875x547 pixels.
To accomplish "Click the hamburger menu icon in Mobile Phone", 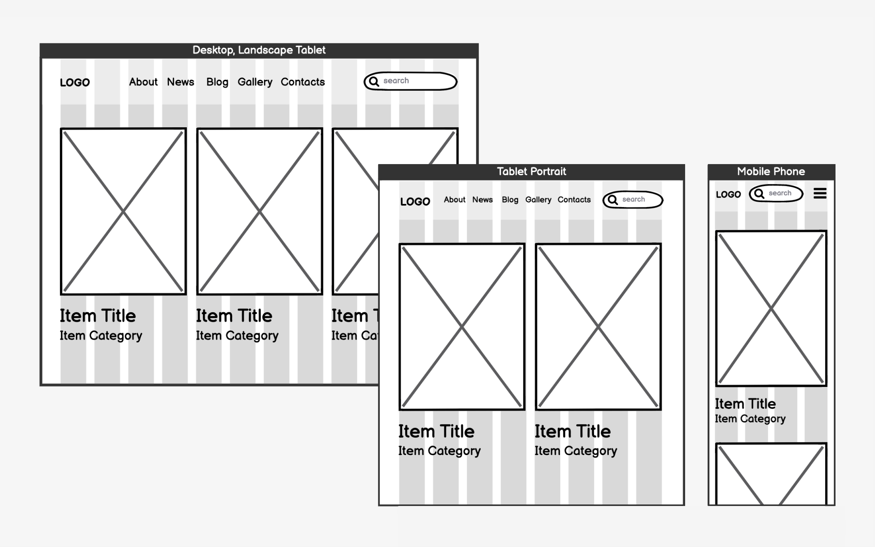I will (x=820, y=193).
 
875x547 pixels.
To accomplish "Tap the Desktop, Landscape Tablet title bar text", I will (x=259, y=50).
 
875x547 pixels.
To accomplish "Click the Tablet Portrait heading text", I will (x=531, y=172).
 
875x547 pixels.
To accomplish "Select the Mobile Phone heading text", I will (x=771, y=172).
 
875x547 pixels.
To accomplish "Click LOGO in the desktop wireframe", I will (x=75, y=82).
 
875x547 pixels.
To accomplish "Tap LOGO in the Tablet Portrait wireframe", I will (x=415, y=202).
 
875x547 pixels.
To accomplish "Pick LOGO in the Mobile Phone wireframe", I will (x=728, y=194).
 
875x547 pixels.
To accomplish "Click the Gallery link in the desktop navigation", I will (x=255, y=82).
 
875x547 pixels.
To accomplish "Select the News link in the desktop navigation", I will (x=180, y=82).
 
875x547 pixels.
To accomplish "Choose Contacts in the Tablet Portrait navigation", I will (x=574, y=200).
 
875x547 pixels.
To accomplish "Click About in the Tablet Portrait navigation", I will (x=454, y=200).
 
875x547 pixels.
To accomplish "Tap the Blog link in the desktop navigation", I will (x=217, y=82).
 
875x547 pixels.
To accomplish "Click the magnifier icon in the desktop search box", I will (x=374, y=82).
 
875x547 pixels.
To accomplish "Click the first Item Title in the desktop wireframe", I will (x=98, y=316).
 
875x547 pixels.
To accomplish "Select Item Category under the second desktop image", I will (x=237, y=336).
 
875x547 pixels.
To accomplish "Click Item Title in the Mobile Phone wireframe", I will (x=745, y=404).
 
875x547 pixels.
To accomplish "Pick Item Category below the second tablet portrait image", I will (x=575, y=451).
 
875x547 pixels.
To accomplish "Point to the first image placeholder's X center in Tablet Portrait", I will (x=462, y=327).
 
